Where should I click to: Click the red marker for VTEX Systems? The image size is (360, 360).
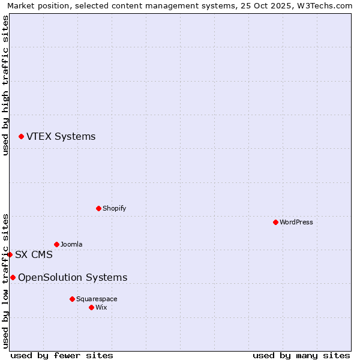coord(21,137)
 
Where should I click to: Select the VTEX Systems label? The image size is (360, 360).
coord(61,137)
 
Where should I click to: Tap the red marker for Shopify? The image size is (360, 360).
coord(98,208)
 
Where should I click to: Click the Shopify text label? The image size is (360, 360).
coord(114,208)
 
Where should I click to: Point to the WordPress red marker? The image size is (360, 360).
coord(275,222)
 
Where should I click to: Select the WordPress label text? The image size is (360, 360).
coord(296,222)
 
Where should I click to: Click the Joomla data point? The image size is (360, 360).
coord(56,244)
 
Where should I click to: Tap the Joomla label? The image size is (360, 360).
coord(71,244)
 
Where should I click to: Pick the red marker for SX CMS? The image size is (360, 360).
coord(10,254)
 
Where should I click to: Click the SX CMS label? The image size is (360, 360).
coord(34,254)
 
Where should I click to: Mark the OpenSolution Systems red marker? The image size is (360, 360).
coord(13,277)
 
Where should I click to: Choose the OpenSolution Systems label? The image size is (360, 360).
coord(73,277)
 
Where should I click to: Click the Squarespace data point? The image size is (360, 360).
coord(72,299)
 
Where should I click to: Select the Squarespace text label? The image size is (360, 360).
coord(97,299)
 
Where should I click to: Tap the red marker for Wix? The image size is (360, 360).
coord(91,307)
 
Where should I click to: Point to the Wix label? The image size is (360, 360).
coord(101,307)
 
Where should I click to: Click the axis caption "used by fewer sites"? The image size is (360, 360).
coord(62,355)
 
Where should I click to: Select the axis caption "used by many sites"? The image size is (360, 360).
coord(301,355)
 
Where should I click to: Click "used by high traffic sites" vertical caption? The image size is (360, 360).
coord(5,85)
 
